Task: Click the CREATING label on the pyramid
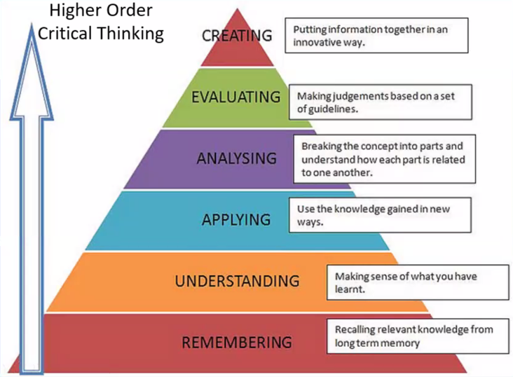236,35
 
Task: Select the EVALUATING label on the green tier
236,97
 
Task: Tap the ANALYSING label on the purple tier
236,158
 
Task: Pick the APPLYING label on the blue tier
236,220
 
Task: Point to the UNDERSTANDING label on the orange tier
237,282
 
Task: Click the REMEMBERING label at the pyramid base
236,343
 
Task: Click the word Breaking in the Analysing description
320,147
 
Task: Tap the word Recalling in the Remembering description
357,329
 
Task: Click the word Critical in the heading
63,33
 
